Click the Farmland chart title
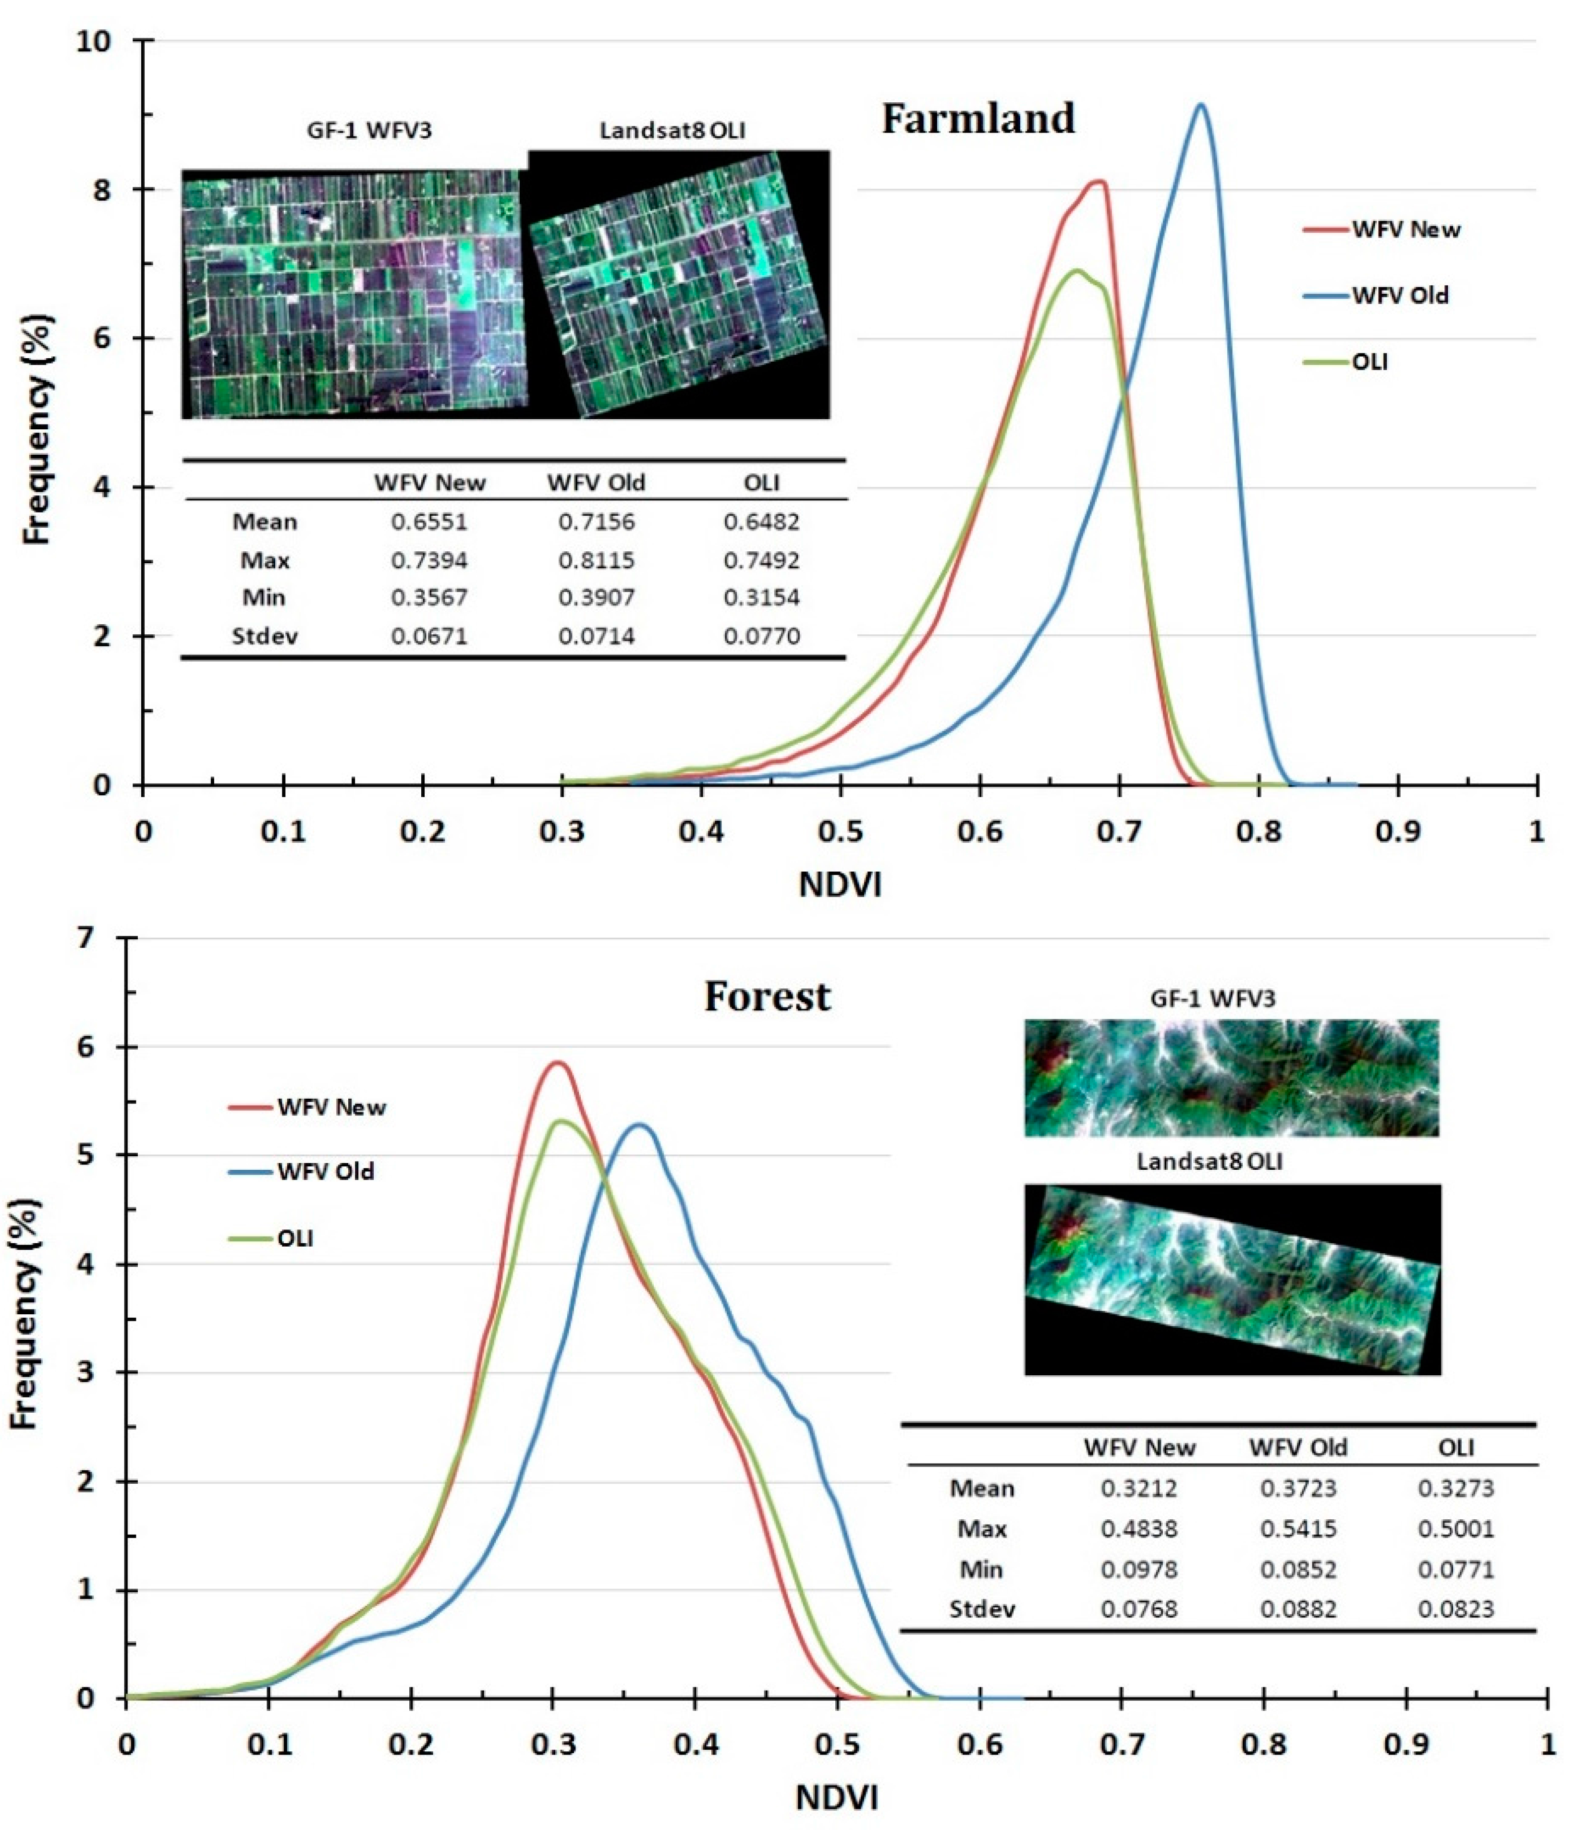978,118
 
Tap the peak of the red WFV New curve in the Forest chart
557,1063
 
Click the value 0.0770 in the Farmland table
761,636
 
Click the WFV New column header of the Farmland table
429,482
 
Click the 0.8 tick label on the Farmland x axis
1258,831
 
